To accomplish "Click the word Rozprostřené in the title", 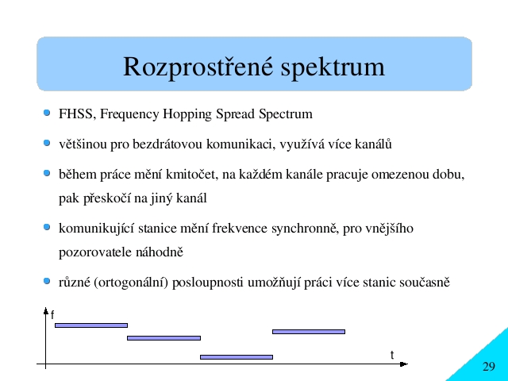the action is (x=198, y=67).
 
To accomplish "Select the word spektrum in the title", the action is (x=333, y=67).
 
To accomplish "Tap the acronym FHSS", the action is (x=76, y=114).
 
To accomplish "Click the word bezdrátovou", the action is (x=167, y=144).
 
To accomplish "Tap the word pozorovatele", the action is (x=95, y=252).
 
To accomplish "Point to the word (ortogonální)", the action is (x=131, y=283).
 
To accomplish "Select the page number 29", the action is (x=489, y=367).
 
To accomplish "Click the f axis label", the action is (x=52, y=314).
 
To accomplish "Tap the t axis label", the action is (x=392, y=355).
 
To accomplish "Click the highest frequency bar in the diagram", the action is (x=91, y=325).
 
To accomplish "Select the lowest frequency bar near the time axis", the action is (x=237, y=357).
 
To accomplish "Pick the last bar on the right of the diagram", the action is (x=309, y=332).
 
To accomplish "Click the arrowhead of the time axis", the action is (x=404, y=364).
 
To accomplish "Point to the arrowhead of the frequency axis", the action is (x=46, y=310).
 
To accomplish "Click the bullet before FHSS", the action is (x=47, y=113).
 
